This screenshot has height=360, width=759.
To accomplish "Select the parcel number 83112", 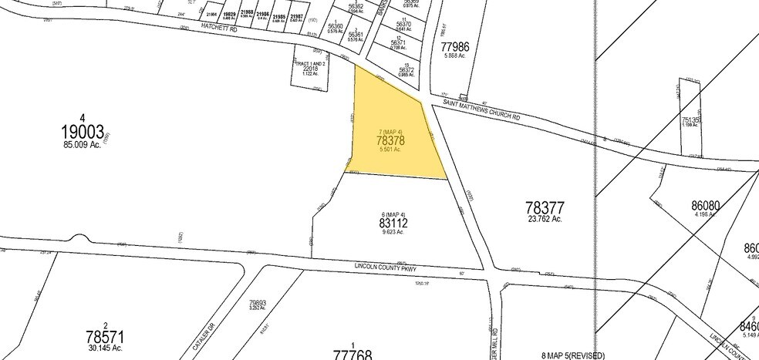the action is (x=393, y=223).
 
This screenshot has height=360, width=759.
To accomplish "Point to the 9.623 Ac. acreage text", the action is (x=393, y=232).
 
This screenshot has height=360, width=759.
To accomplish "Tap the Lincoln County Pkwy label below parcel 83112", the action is (x=384, y=267).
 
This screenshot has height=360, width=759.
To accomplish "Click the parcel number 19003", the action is (x=84, y=131).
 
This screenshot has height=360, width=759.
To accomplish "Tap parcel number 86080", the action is (x=706, y=206).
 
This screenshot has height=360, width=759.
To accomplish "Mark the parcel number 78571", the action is (x=106, y=338).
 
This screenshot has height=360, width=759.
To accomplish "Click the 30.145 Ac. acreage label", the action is (x=106, y=348).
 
